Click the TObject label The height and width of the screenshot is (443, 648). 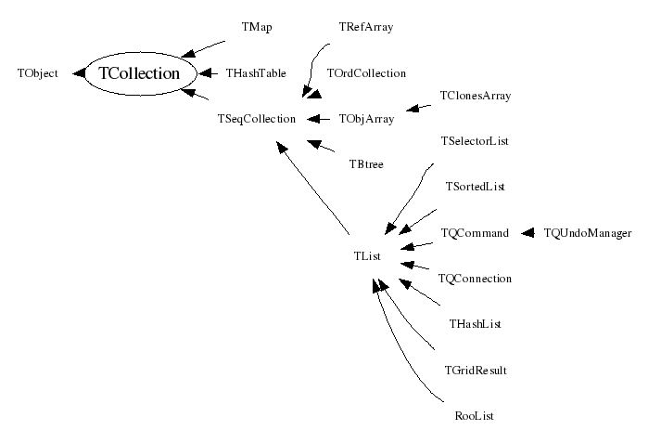pyautogui.click(x=38, y=72)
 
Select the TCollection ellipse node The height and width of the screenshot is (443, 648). pyautogui.click(x=138, y=73)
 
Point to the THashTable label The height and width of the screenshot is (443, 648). pyautogui.click(x=256, y=72)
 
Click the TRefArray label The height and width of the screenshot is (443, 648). pyautogui.click(x=366, y=28)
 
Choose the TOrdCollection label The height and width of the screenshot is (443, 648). pyautogui.click(x=366, y=72)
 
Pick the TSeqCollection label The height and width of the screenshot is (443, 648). pyautogui.click(x=256, y=119)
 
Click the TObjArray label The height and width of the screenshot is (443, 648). pyautogui.click(x=366, y=119)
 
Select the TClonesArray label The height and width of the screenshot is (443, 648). pyautogui.click(x=475, y=96)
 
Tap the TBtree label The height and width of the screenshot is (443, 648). pyautogui.click(x=366, y=164)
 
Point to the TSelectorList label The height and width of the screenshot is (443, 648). pyautogui.click(x=475, y=141)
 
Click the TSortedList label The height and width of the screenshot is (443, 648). pyautogui.click(x=475, y=187)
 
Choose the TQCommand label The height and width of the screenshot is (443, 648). pyautogui.click(x=475, y=233)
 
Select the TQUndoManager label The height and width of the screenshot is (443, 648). pyautogui.click(x=588, y=233)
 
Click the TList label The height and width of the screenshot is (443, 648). pyautogui.click(x=366, y=255)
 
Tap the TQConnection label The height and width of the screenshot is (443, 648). pyautogui.click(x=475, y=279)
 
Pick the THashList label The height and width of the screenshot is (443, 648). pyautogui.click(x=475, y=324)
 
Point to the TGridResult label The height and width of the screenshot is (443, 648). pyautogui.click(x=475, y=370)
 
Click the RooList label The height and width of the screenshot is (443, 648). pyautogui.click(x=475, y=416)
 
